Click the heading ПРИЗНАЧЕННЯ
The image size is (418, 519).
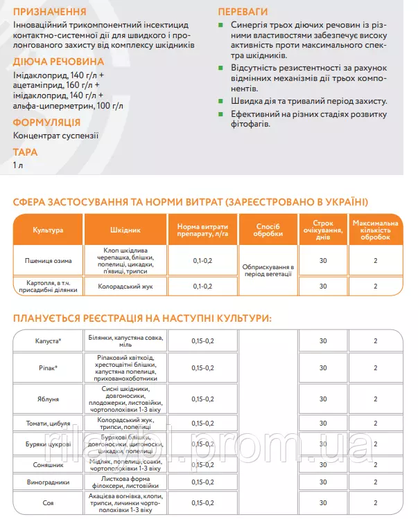coord(49,12)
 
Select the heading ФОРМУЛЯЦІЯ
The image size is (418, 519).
coord(51,122)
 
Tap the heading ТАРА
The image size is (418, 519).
coord(25,152)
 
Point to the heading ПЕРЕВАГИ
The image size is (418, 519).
coord(244,12)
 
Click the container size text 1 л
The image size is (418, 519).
coord(18,165)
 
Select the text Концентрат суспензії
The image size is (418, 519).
coord(56,136)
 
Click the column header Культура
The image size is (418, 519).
coord(48,229)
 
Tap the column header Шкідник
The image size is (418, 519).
coord(125,229)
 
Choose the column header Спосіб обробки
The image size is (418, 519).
coord(268,229)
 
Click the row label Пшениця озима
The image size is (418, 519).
coord(48,261)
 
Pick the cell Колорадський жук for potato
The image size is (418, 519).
coord(125,286)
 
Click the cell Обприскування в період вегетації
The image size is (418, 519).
coord(268,270)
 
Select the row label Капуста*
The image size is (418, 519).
coord(48,341)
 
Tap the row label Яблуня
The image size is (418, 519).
coord(48,399)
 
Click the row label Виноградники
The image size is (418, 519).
coord(48,482)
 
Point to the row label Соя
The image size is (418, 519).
coord(48,503)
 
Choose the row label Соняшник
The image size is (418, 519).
coord(48,463)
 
